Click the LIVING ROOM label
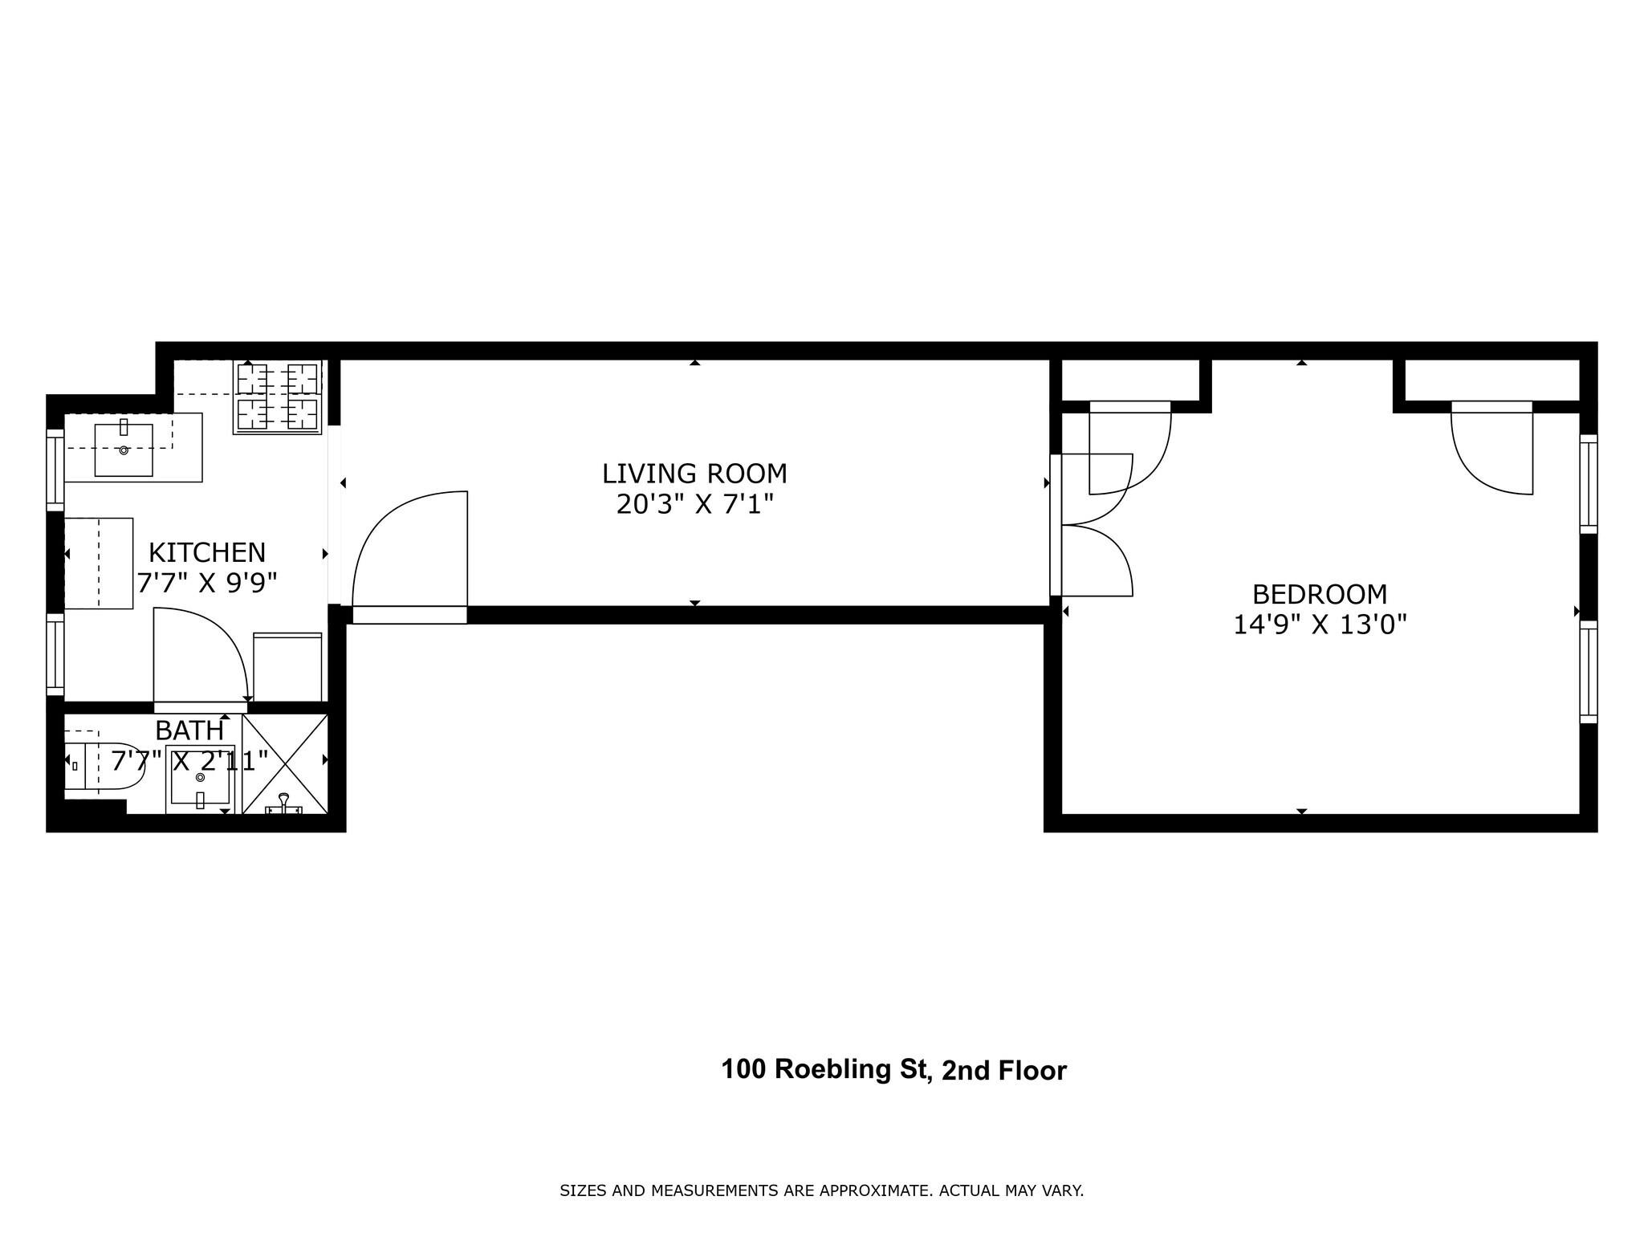point(694,474)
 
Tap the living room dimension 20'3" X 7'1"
point(694,505)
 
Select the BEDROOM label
point(1320,594)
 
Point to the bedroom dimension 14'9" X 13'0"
point(1320,625)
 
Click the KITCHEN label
point(207,552)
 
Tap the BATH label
point(189,730)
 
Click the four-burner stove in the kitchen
point(278,397)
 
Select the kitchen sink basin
point(124,450)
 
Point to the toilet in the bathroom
point(104,766)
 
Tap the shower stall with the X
point(285,763)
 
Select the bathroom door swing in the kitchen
point(201,654)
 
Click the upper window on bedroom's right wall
point(1588,483)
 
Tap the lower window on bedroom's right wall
point(1588,671)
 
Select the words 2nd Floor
point(1003,1071)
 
